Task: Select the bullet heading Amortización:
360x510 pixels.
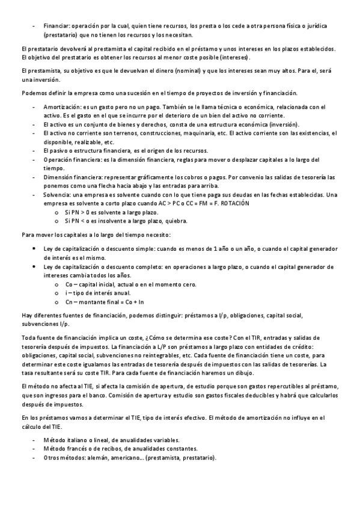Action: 63,105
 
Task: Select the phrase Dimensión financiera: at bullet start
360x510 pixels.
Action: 72,177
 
